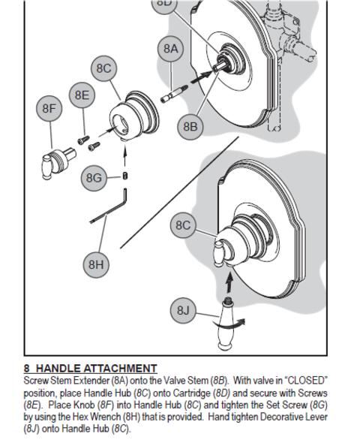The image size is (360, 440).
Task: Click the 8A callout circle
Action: (x=171, y=49)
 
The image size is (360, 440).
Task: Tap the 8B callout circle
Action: (x=190, y=127)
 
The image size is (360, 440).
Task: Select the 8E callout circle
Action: (x=82, y=95)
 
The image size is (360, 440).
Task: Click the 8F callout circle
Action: (x=49, y=108)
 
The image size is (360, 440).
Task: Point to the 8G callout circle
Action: (x=94, y=178)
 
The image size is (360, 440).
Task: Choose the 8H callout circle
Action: (x=96, y=264)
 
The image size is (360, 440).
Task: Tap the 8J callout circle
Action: (x=183, y=310)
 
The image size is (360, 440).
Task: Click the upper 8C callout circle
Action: (x=104, y=68)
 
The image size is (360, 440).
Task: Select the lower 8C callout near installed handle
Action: (x=183, y=225)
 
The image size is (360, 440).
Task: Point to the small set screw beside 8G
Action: (x=125, y=176)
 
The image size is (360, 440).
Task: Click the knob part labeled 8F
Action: (x=58, y=164)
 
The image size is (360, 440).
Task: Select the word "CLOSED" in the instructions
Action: (x=306, y=381)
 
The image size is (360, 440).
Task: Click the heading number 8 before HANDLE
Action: (x=27, y=368)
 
